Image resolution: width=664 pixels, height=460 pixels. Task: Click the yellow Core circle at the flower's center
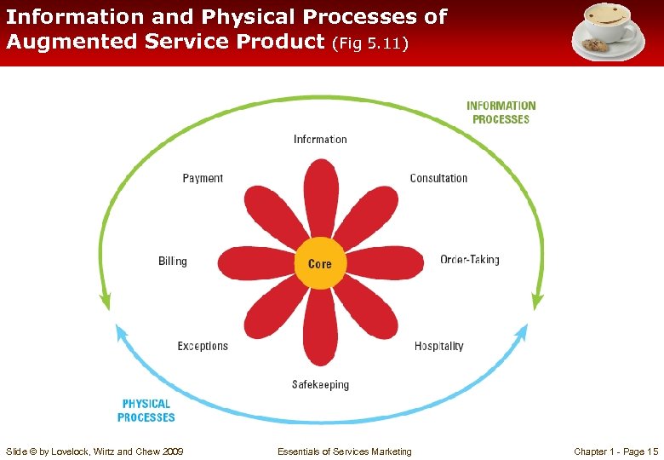(320, 264)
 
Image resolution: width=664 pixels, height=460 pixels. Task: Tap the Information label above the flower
(320, 139)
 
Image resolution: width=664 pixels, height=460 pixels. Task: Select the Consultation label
(438, 178)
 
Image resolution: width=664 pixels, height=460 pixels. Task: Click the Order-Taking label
(469, 260)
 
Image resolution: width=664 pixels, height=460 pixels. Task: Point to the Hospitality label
(438, 346)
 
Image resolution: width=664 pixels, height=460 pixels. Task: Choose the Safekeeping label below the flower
(320, 385)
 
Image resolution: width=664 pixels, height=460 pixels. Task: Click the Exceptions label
(203, 346)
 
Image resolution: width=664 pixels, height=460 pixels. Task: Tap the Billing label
(172, 261)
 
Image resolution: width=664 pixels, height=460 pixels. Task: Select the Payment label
(203, 178)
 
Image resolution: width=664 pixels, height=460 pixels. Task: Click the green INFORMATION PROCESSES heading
(501, 112)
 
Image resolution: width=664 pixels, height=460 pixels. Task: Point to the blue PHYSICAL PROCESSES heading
(146, 411)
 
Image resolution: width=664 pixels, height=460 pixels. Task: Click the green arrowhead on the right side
(536, 301)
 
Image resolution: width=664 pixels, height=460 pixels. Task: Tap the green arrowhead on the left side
(106, 301)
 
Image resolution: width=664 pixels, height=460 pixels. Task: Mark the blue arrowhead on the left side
(119, 333)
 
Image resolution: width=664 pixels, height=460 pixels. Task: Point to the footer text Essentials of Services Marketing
(344, 451)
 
